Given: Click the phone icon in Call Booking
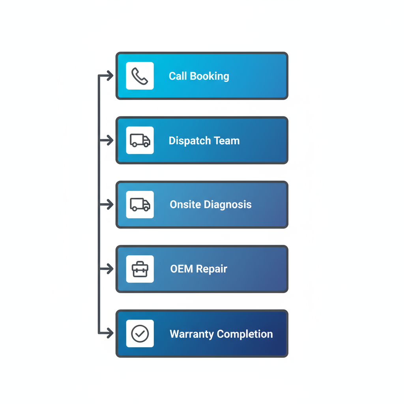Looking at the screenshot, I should tap(140, 76).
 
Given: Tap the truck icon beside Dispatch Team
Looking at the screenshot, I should tap(140, 140).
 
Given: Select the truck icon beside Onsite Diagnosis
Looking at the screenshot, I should tap(140, 205).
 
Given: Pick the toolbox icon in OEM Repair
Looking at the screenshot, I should tap(140, 269).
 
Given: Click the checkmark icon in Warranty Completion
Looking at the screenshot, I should tap(140, 334).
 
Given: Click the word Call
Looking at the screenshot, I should tap(178, 76).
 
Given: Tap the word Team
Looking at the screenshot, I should tap(226, 141).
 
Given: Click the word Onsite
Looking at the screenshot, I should tap(185, 205).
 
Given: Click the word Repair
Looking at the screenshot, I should tap(212, 269).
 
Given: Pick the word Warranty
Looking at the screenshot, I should tap(192, 334).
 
